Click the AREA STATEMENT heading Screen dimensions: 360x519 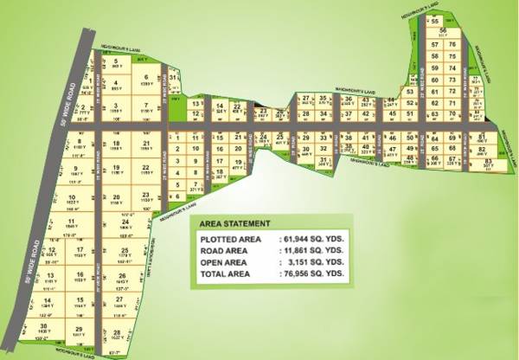(x=238, y=223)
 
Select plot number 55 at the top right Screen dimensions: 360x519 (x=437, y=21)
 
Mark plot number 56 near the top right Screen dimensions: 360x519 (x=442, y=31)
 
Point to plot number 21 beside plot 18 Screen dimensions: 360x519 (x=148, y=144)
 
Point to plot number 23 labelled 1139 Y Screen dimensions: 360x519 (x=149, y=196)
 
